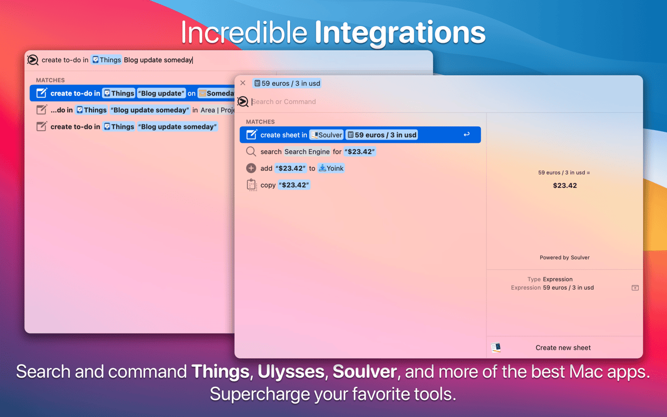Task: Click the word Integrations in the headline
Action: coord(400,33)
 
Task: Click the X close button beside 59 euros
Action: coord(243,83)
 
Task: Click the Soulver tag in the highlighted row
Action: coord(327,135)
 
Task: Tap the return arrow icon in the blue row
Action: coord(466,135)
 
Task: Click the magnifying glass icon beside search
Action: coord(251,151)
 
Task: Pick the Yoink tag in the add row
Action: coord(331,168)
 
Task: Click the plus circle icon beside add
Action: coord(251,168)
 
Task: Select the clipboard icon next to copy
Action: coord(251,185)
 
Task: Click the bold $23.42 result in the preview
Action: coord(565,186)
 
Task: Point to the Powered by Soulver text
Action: coord(565,257)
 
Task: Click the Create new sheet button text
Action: coord(563,348)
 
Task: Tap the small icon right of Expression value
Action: coord(635,288)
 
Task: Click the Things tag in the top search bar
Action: coord(106,60)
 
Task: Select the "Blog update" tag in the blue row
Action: coord(161,93)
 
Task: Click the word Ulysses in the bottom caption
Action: coord(291,371)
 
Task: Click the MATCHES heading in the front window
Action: coord(260,122)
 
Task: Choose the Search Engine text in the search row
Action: coord(307,151)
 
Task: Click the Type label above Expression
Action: coord(534,279)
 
